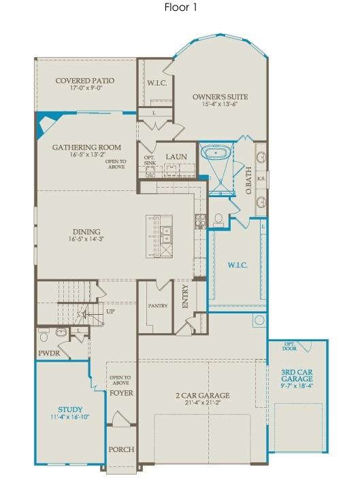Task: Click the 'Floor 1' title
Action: pyautogui.click(x=180, y=7)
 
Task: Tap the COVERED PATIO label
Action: pyautogui.click(x=85, y=81)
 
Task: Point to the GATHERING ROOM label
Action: pyautogui.click(x=86, y=147)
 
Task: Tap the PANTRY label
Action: pyautogui.click(x=158, y=306)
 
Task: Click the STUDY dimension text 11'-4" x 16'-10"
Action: pyautogui.click(x=70, y=417)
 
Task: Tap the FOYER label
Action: pyautogui.click(x=120, y=393)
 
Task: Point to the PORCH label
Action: pyautogui.click(x=120, y=449)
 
